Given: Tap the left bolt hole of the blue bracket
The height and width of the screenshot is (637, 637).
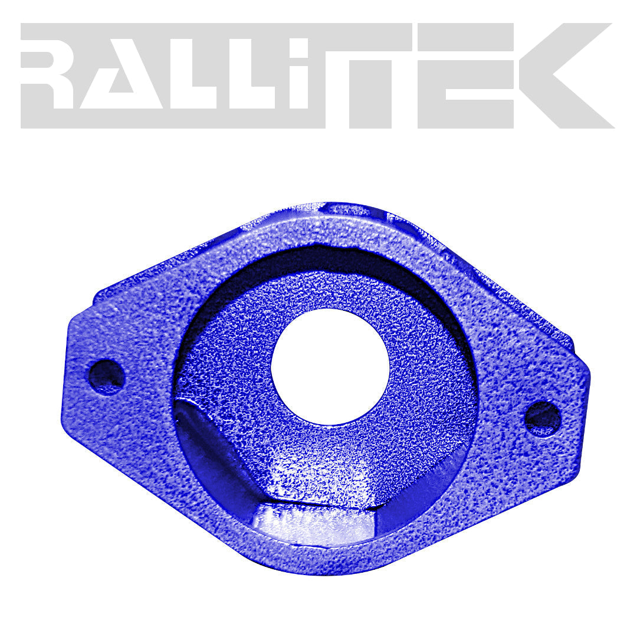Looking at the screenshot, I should click(x=106, y=375).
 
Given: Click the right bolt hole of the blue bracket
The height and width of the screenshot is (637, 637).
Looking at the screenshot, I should click(x=543, y=418).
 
